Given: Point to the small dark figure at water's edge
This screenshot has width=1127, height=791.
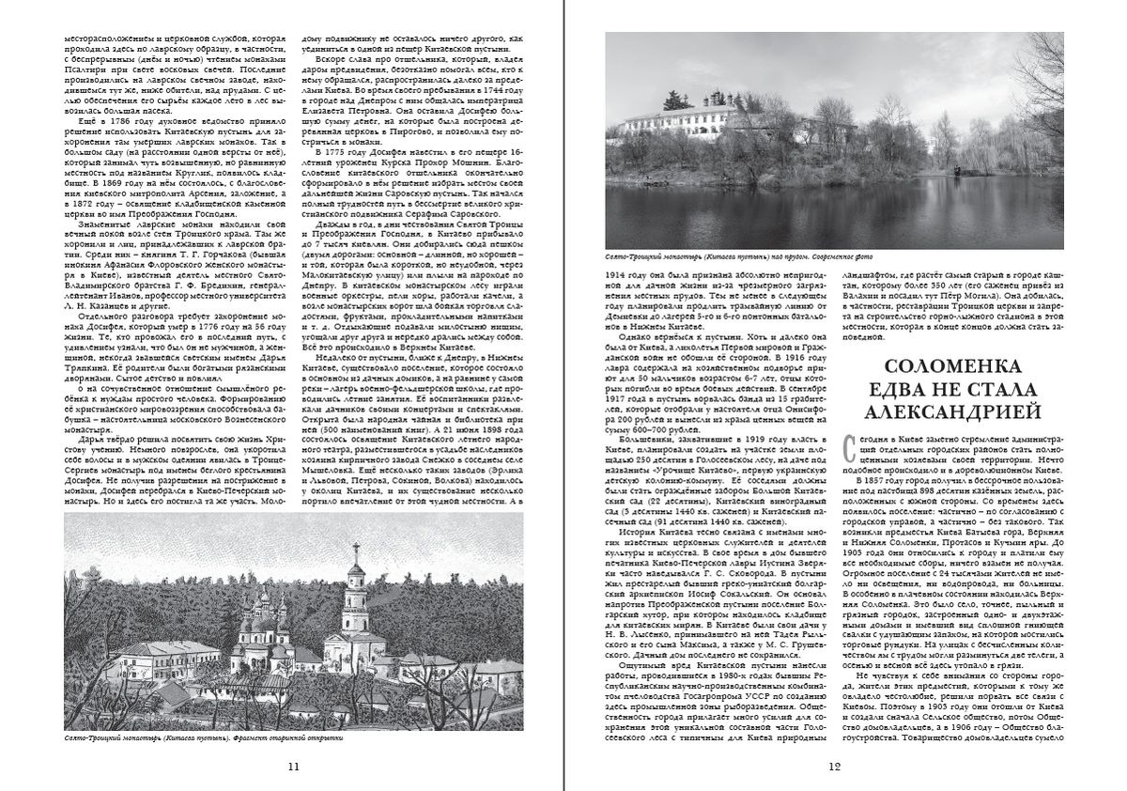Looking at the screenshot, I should click(954, 171).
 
